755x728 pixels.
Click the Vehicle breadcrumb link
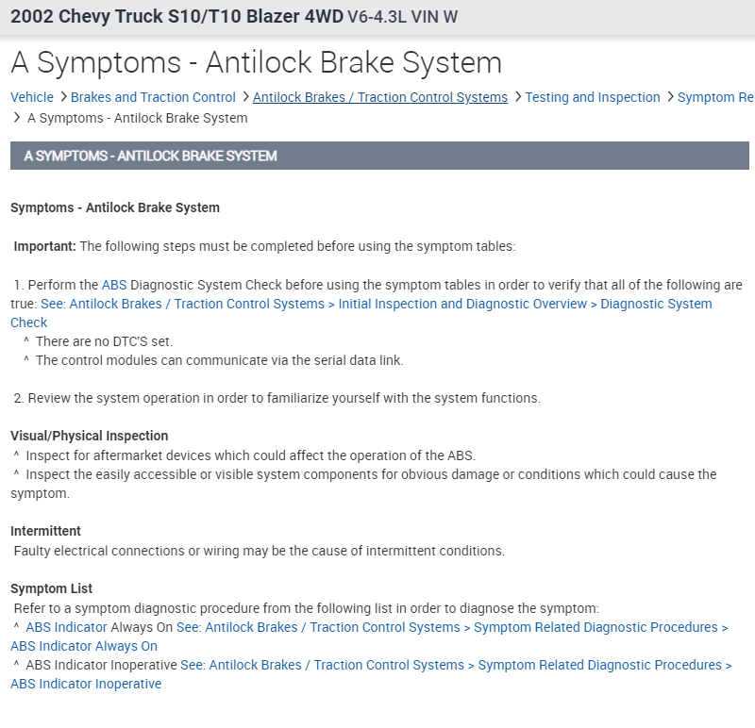click(32, 97)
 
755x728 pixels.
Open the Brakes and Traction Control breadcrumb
click(153, 97)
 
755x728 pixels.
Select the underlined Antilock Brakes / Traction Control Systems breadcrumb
click(380, 97)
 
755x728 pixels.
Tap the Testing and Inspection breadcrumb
click(593, 97)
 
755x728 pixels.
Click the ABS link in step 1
click(114, 285)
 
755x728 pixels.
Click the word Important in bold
click(44, 246)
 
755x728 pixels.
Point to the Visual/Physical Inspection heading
click(90, 436)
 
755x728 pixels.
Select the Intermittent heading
click(46, 531)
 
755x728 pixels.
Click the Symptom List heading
click(52, 588)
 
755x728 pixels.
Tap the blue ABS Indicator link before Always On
click(66, 627)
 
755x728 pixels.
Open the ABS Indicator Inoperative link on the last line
click(86, 684)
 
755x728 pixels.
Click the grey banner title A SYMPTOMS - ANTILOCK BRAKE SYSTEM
click(151, 156)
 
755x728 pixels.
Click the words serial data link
click(358, 360)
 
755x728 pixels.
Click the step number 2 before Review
click(18, 398)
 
